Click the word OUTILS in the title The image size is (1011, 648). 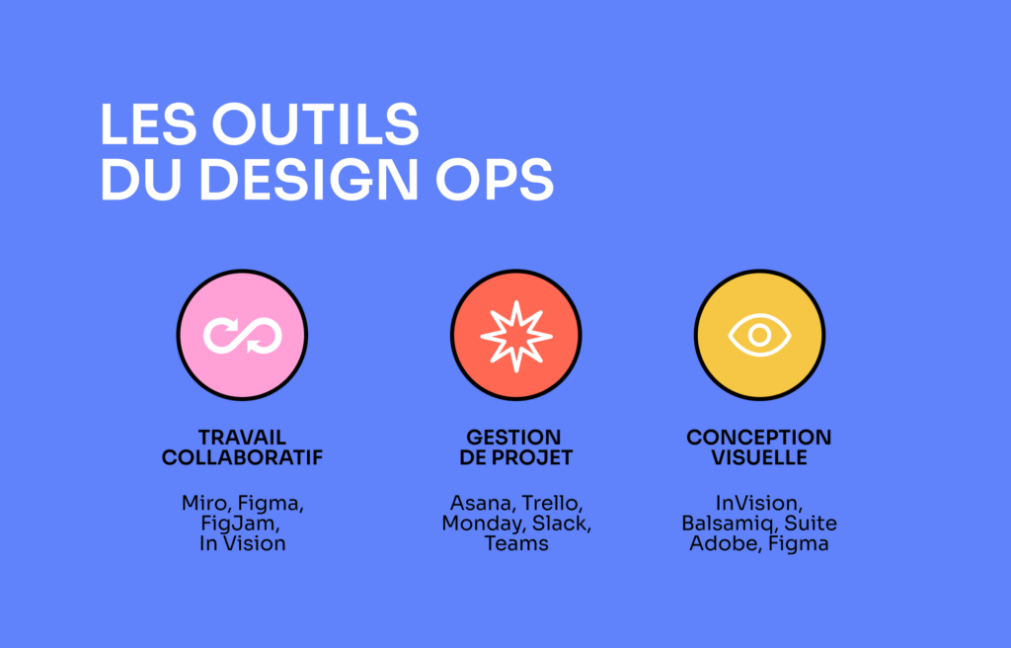pos(315,123)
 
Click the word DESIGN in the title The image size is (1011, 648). pos(309,179)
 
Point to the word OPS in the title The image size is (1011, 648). pos(495,179)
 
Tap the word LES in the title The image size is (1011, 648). pos(148,123)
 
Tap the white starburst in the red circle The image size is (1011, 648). pos(516,336)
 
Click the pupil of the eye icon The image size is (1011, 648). pos(759,335)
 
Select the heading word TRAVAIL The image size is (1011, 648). pos(242,437)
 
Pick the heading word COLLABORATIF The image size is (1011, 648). pos(242,457)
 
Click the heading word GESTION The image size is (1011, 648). pos(513,437)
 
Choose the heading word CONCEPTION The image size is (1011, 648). pos(759,437)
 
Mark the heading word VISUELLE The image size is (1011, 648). pos(759,457)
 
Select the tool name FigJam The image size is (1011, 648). pos(240,524)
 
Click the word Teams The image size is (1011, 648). pos(516,543)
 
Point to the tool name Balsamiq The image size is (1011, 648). pos(730,524)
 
